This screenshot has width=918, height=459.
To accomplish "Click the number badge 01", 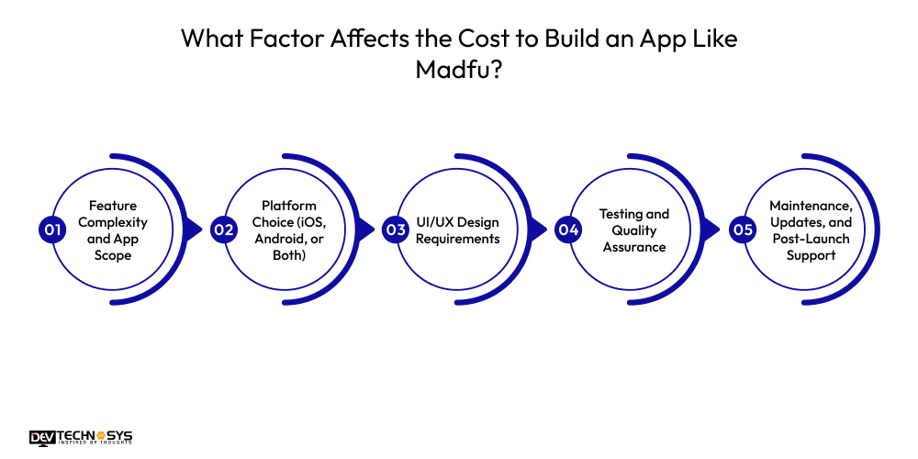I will pos(51,229).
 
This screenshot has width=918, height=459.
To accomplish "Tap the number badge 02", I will pos(223,229).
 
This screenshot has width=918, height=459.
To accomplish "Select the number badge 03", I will pos(396,229).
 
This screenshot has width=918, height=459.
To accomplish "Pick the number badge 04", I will pos(568,229).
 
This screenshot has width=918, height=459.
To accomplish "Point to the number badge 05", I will pos(741,229).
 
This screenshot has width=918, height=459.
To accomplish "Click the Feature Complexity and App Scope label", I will pos(112,230).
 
